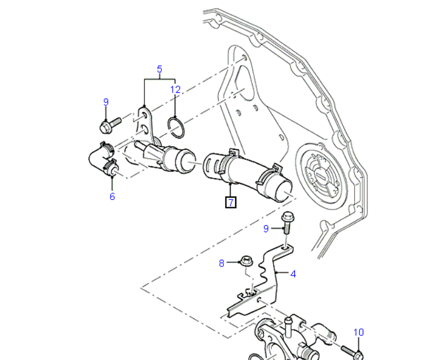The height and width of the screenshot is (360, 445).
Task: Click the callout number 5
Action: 160,70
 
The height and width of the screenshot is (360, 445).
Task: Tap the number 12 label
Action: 175,90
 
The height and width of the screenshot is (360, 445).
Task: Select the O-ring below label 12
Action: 175,127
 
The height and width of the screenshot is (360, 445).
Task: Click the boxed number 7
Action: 231,201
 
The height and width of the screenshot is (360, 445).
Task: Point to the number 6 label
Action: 112,196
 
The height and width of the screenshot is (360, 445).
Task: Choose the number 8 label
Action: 222,263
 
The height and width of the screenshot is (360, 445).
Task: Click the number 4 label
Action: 293,274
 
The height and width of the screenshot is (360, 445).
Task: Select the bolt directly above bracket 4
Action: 288,223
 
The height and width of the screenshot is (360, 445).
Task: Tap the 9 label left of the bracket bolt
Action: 267,228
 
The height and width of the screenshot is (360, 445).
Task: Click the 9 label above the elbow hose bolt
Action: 105,102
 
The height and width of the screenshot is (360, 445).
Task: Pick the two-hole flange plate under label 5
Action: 144,121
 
